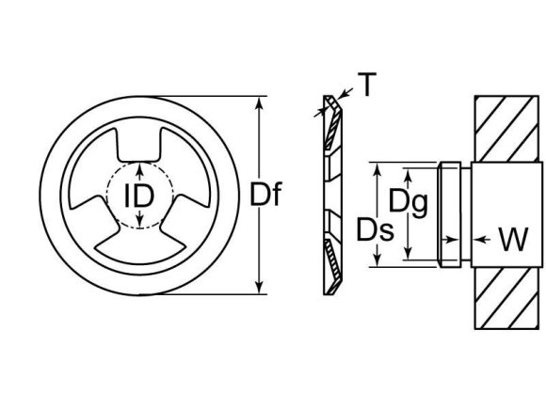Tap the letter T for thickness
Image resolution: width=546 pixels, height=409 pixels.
coord(367,86)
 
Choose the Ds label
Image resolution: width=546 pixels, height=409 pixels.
coord(375,229)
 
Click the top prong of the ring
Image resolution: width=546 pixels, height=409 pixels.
coord(139,149)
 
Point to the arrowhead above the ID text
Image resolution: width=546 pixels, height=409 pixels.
coord(140,170)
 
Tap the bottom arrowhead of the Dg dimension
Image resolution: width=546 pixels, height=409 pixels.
coord(407,254)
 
